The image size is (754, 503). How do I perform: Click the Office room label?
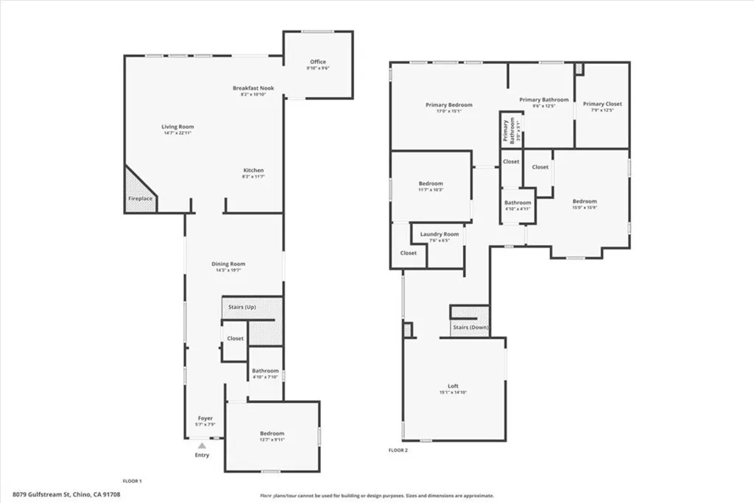(x=317, y=62)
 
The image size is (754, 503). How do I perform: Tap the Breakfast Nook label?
(x=253, y=88)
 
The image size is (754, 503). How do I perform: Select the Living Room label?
(x=177, y=127)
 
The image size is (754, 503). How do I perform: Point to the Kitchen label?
(x=253, y=170)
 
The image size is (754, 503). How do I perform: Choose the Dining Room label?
(x=228, y=264)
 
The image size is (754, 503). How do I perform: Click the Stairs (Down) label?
(x=470, y=327)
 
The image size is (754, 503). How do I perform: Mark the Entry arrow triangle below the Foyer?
(x=202, y=445)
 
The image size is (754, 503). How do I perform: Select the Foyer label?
(x=205, y=418)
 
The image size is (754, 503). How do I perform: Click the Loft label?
(x=453, y=386)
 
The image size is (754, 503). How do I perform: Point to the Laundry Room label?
(x=440, y=234)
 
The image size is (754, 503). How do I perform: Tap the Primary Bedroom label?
(x=448, y=105)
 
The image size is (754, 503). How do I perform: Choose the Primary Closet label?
(x=602, y=104)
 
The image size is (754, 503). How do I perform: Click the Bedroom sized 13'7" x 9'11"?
(x=272, y=434)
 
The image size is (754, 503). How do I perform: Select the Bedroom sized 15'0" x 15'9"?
(x=585, y=201)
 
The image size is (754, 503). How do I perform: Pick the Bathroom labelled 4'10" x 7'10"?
(x=265, y=371)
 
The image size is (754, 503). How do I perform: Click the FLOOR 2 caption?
(x=398, y=450)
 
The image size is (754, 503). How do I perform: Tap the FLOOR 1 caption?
(x=132, y=481)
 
